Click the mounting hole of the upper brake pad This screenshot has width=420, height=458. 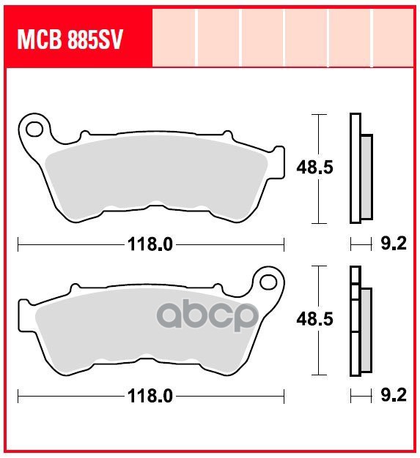[x=34, y=129]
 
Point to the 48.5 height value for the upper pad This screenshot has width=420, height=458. [x=314, y=168]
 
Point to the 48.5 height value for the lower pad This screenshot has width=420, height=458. [x=314, y=320]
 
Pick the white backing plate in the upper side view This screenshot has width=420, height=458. [x=355, y=168]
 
